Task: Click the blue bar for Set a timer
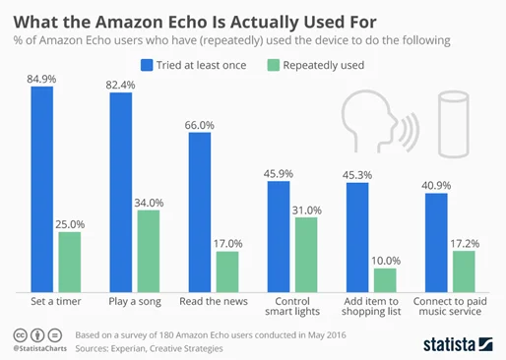pyautogui.click(x=41, y=188)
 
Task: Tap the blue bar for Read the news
pyautogui.click(x=199, y=210)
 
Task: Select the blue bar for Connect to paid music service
pyautogui.click(x=436, y=242)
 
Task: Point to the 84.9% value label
pyautogui.click(x=40, y=77)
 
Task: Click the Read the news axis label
pyautogui.click(x=212, y=302)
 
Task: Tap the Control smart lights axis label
pyautogui.click(x=290, y=308)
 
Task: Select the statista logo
pyautogui.click(x=456, y=342)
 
